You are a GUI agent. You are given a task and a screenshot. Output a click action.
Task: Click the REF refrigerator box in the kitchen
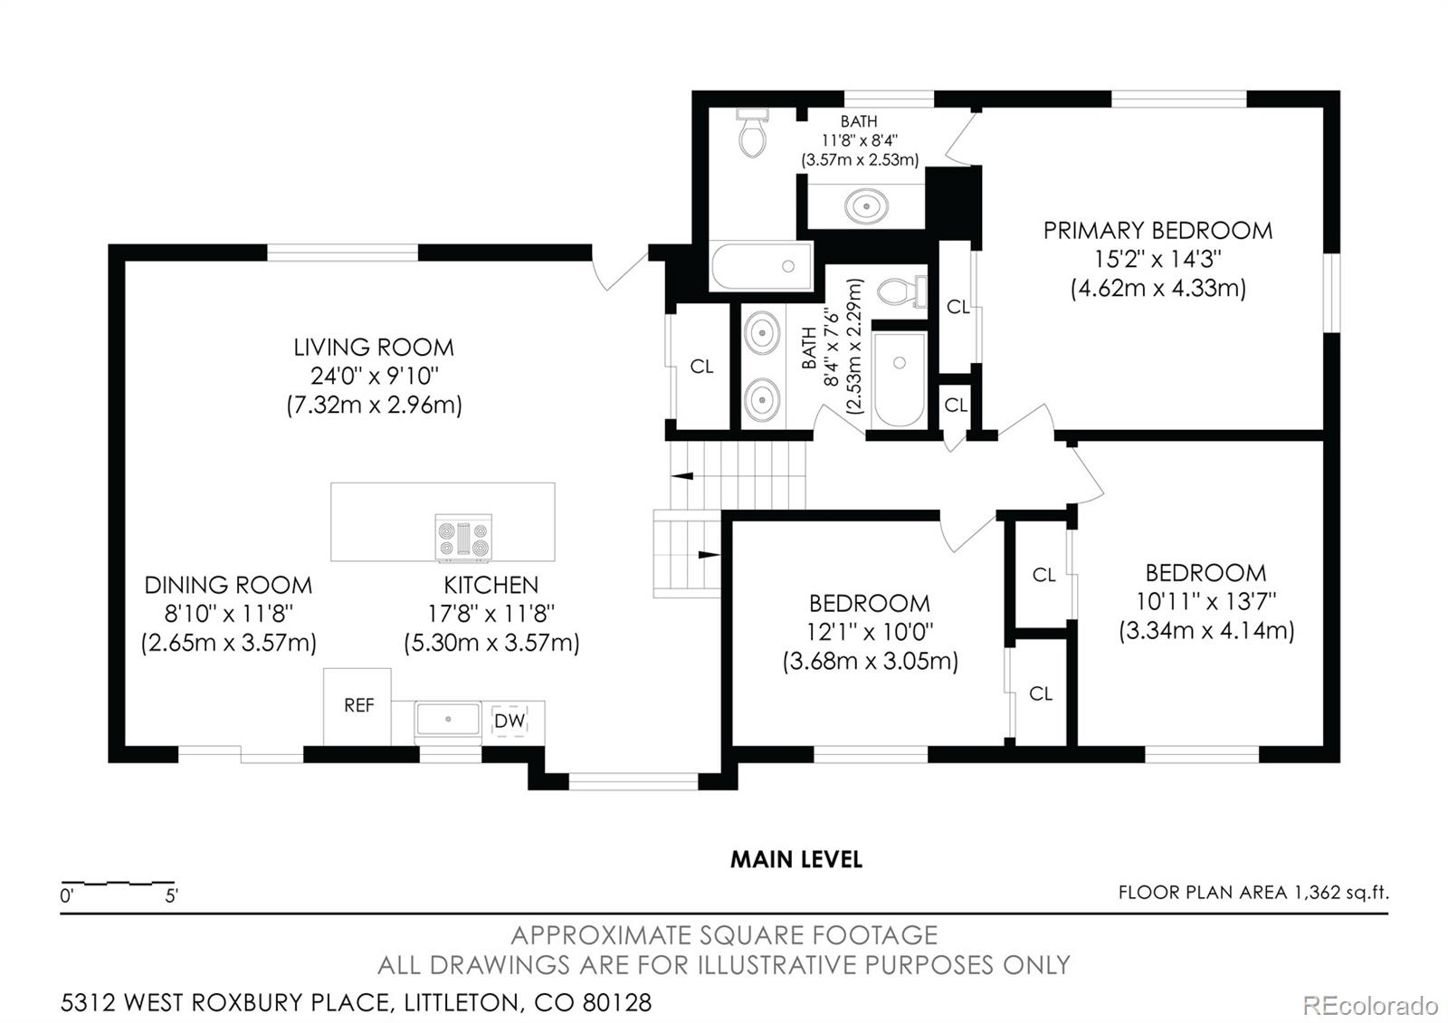[357, 706]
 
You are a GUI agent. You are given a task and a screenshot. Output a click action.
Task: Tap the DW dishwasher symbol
[510, 721]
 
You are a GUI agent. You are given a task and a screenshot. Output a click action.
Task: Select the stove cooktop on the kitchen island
[463, 537]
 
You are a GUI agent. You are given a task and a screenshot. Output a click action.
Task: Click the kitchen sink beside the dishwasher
[448, 719]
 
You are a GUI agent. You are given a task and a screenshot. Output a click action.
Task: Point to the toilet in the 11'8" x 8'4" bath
[752, 132]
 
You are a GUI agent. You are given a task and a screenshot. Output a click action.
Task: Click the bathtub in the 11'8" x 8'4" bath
[761, 266]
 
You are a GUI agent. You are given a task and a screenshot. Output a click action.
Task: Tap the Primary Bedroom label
[1157, 231]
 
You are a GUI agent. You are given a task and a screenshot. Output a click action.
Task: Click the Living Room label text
[374, 348]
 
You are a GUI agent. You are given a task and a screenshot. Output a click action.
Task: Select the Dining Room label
[228, 585]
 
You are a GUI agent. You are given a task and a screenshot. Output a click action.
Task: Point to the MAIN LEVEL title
[796, 859]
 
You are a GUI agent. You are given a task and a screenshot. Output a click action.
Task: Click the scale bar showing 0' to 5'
[118, 883]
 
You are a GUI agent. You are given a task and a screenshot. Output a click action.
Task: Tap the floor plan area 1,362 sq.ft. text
[1253, 893]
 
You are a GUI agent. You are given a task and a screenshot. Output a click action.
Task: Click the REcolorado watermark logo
[1370, 1006]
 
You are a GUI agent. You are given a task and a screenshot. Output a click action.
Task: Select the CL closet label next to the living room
[701, 367]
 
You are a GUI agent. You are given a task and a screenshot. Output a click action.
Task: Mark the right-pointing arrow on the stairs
[710, 555]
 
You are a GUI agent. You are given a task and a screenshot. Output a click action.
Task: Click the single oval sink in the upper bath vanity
[866, 206]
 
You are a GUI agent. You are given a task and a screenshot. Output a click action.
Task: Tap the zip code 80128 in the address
[616, 1003]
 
